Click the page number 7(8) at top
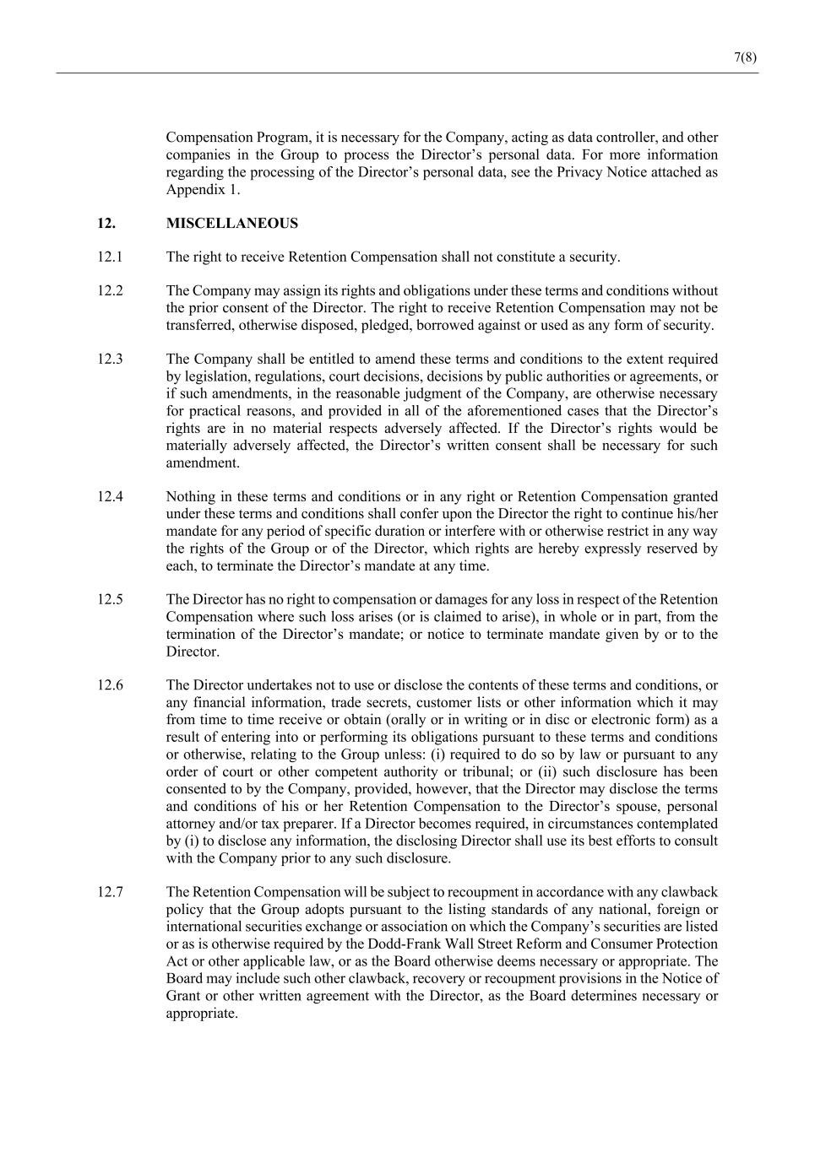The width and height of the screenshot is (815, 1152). click(x=745, y=57)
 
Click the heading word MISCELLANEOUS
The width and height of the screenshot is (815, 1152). click(x=231, y=224)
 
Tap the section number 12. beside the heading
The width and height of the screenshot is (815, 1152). click(x=106, y=224)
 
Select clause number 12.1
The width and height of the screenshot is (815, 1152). click(x=110, y=257)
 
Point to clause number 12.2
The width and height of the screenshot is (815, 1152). click(x=110, y=291)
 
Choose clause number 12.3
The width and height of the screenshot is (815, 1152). click(x=110, y=360)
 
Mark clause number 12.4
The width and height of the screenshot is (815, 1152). click(x=110, y=497)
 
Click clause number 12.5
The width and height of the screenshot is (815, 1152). click(x=110, y=600)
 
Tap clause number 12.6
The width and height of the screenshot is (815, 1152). click(x=110, y=685)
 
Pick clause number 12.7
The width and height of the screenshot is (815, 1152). click(x=110, y=892)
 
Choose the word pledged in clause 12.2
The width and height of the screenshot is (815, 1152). click(x=417, y=326)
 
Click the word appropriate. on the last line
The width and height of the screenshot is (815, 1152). click(x=202, y=1014)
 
